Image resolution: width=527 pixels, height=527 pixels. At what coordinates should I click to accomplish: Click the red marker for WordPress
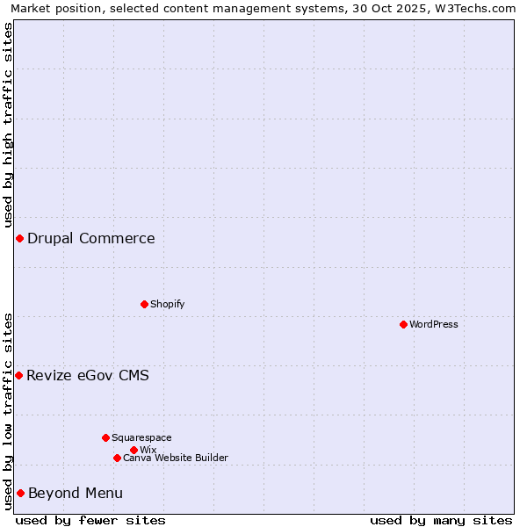pyautogui.click(x=403, y=324)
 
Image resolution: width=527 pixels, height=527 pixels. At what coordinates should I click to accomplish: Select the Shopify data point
pyautogui.click(x=144, y=304)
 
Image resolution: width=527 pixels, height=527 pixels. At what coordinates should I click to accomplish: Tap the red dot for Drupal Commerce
pyautogui.click(x=19, y=238)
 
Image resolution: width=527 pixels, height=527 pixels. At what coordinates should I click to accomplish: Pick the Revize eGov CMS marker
pyautogui.click(x=18, y=375)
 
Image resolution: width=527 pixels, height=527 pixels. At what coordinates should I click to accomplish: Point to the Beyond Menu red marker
pyautogui.click(x=20, y=493)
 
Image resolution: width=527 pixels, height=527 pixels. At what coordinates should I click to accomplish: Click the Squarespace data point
pyautogui.click(x=105, y=437)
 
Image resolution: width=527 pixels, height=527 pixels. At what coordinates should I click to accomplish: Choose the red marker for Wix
pyautogui.click(x=134, y=450)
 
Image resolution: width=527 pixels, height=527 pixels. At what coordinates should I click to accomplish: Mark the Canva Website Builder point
pyautogui.click(x=117, y=458)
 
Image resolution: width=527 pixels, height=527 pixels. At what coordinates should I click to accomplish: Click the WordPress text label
pyautogui.click(x=434, y=324)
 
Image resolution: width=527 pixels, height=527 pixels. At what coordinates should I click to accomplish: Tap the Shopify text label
pyautogui.click(x=167, y=304)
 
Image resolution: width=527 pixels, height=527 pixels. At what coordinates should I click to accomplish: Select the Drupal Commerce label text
pyautogui.click(x=91, y=238)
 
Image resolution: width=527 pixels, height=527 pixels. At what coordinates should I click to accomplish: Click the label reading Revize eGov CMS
pyautogui.click(x=88, y=375)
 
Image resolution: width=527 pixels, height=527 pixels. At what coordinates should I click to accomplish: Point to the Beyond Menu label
pyautogui.click(x=76, y=493)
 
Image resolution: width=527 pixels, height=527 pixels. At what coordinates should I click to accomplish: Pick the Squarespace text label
pyautogui.click(x=141, y=437)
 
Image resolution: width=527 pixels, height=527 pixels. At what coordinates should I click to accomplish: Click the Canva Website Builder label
pyautogui.click(x=176, y=458)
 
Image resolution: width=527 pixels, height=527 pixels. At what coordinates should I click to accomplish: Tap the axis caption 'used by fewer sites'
pyautogui.click(x=90, y=520)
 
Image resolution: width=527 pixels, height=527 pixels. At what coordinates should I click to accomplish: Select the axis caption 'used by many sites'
pyautogui.click(x=441, y=520)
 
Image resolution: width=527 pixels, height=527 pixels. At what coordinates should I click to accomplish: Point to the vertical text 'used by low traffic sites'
pyautogui.click(x=8, y=411)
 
